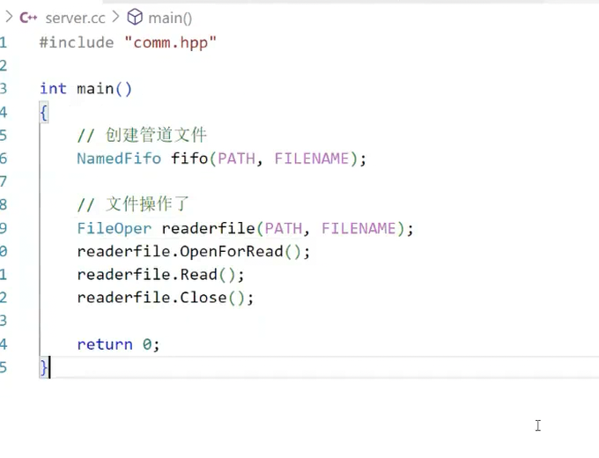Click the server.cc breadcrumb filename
tap(76, 18)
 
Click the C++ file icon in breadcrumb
tap(28, 18)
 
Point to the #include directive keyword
tap(77, 42)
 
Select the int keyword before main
tap(53, 88)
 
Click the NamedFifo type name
tap(119, 159)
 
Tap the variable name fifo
tap(189, 159)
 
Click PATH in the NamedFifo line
tap(236, 159)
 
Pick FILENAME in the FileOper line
tap(359, 228)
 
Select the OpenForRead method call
tap(231, 251)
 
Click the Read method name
tap(198, 274)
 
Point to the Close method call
tap(203, 298)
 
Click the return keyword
tap(105, 344)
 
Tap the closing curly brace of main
tap(44, 367)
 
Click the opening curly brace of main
tap(44, 112)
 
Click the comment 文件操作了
tap(146, 205)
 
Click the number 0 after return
tap(147, 344)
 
